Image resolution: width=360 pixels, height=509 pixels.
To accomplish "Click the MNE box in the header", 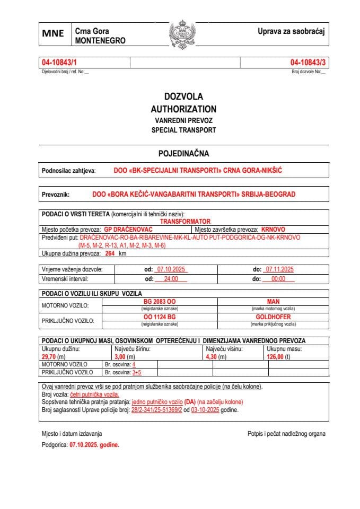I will [x=53, y=33].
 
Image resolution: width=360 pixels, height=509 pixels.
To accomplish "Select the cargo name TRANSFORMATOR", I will [x=185, y=221].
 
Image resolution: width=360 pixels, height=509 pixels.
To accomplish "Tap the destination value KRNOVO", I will [x=273, y=230].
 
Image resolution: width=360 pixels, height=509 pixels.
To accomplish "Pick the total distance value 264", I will [x=110, y=253].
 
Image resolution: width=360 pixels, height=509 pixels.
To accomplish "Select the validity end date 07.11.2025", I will [x=279, y=269].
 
